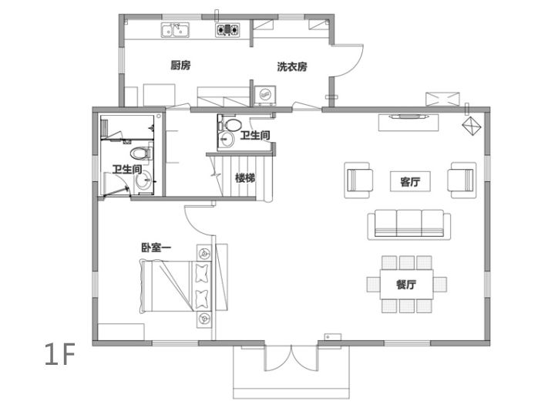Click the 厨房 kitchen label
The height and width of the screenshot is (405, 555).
180,66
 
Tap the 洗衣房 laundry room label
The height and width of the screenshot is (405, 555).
292,66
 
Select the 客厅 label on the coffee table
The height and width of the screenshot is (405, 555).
410,182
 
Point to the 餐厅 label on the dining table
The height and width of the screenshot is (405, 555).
406,284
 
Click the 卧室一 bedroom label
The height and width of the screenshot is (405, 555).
156,248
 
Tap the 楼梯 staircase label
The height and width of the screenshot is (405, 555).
245,178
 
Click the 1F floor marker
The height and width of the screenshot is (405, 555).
60,354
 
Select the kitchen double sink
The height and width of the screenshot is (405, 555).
175,30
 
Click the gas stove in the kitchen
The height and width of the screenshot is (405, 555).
227,30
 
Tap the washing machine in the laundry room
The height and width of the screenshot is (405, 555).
264,96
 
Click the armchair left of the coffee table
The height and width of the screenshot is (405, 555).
358,180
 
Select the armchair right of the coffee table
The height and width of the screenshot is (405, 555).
462,180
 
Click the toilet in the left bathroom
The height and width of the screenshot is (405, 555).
141,154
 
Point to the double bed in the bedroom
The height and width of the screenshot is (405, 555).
176,286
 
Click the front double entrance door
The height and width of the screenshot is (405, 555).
291,358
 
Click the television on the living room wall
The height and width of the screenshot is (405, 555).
409,116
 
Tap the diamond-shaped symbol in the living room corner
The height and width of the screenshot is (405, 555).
472,126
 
